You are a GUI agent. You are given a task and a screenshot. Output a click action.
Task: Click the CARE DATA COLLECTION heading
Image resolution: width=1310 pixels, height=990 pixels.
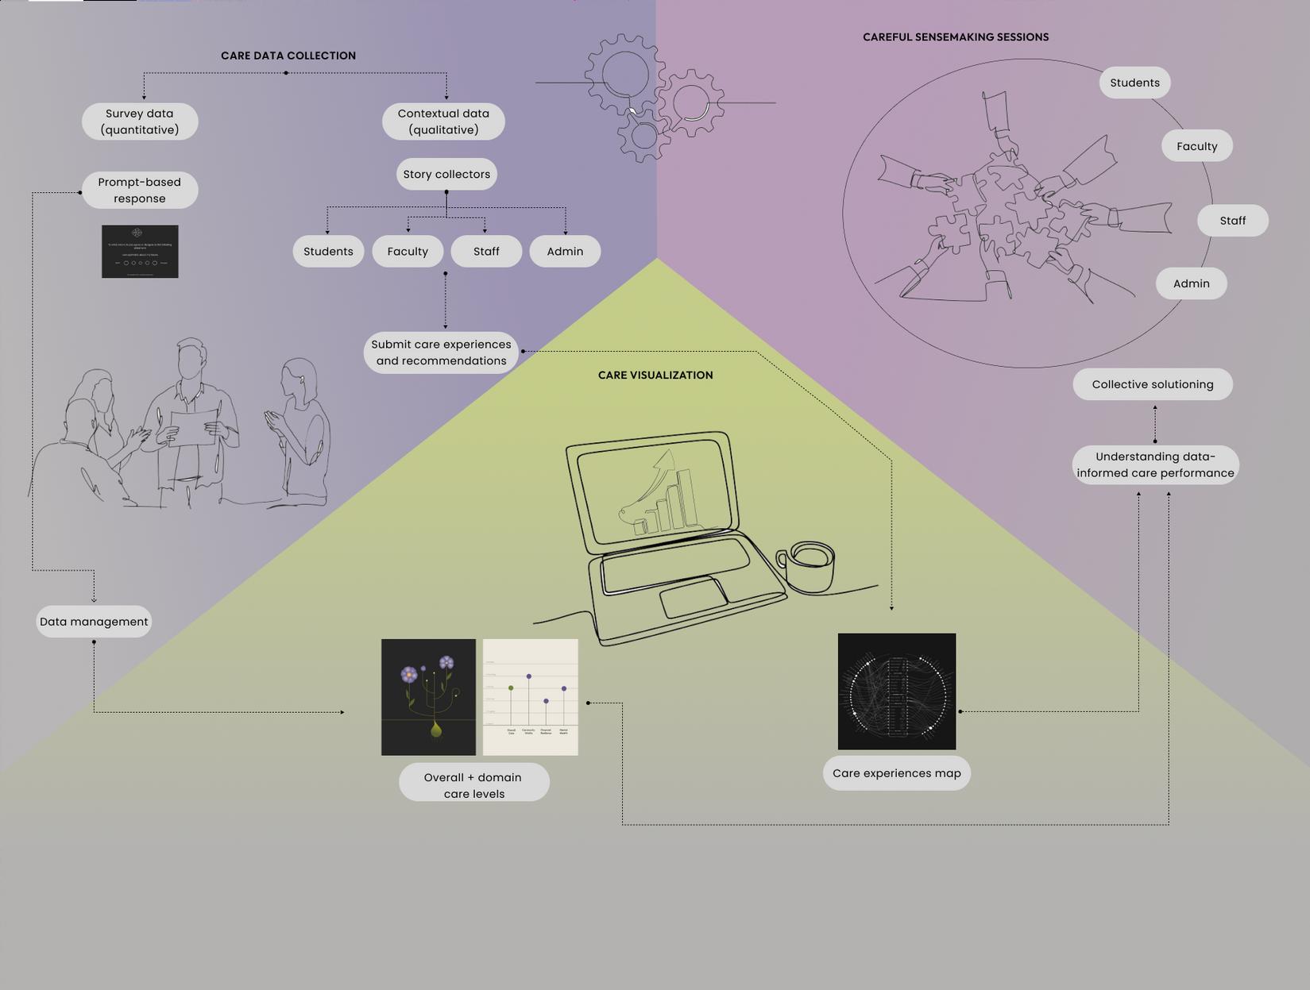click(288, 56)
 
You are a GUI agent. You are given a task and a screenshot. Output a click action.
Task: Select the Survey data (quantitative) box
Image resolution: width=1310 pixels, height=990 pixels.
click(140, 121)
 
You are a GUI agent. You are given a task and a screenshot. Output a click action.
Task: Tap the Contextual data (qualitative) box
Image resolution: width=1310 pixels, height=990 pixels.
click(443, 121)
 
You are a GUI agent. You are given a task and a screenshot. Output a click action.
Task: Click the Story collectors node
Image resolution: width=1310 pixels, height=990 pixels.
click(446, 175)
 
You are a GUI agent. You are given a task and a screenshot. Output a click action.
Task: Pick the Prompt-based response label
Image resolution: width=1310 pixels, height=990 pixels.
click(140, 191)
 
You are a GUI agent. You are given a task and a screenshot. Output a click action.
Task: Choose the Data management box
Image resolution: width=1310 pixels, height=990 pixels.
click(94, 622)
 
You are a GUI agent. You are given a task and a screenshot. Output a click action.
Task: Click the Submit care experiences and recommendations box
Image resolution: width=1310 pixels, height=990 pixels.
click(441, 352)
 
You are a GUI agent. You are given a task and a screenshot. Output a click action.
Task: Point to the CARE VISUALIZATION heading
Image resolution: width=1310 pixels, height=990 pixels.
click(655, 376)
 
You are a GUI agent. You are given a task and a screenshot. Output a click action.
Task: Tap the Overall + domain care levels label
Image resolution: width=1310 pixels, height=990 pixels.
click(473, 785)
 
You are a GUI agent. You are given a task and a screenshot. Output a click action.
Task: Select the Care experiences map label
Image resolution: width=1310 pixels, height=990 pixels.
click(897, 773)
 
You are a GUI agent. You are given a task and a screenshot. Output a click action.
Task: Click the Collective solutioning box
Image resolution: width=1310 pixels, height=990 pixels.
click(1153, 384)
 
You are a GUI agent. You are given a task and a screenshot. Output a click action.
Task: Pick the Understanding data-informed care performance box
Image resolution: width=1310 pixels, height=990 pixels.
click(1155, 464)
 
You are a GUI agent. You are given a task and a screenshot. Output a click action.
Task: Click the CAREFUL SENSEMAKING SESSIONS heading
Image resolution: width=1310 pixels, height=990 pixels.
click(956, 37)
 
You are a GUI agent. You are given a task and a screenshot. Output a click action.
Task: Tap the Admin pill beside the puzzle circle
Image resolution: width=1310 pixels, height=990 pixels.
click(1191, 283)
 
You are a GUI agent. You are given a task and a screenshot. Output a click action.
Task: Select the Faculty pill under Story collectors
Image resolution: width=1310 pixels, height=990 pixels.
click(408, 252)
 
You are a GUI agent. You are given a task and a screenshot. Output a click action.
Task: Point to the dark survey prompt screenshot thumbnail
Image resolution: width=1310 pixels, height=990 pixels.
click(140, 252)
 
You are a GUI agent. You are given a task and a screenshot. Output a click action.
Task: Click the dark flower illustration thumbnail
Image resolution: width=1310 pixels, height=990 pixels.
click(428, 697)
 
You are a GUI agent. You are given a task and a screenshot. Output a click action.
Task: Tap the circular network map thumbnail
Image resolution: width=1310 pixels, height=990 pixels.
click(897, 691)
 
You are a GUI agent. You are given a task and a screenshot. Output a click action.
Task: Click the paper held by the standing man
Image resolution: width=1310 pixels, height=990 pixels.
click(193, 427)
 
